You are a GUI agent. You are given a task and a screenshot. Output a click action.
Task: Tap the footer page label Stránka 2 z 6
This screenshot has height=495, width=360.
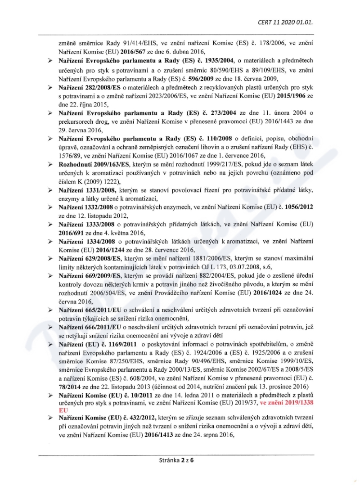click(179, 460)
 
